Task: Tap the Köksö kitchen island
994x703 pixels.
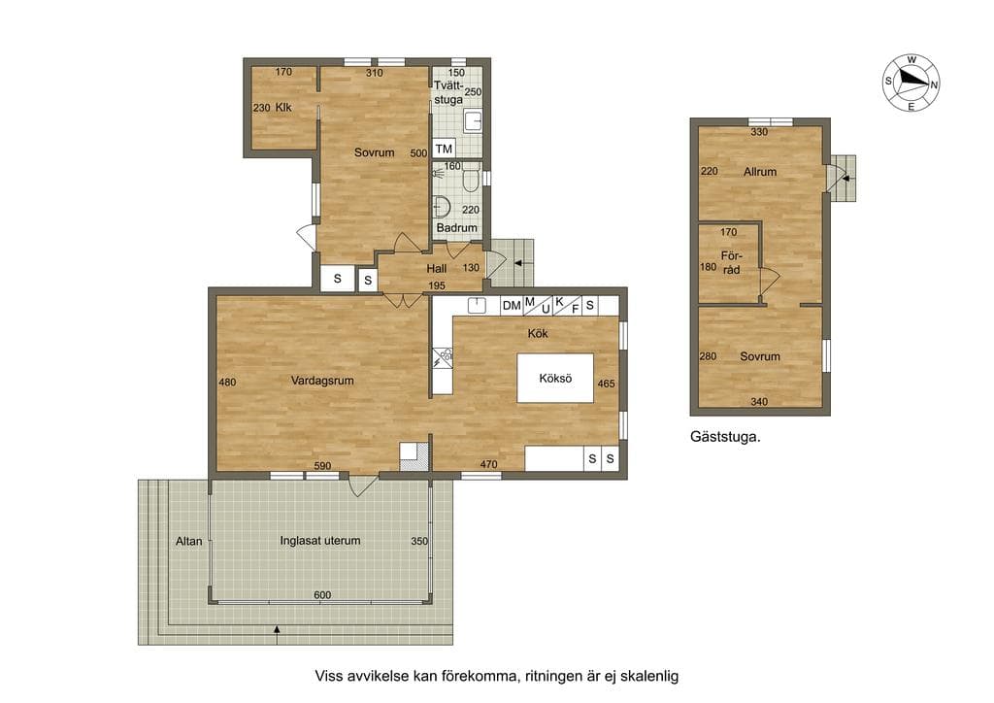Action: pos(555,379)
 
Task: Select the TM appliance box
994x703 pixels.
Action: pos(444,149)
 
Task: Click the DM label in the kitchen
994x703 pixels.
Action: pos(512,306)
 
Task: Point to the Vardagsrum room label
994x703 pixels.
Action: pos(322,381)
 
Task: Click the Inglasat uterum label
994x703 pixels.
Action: pos(320,541)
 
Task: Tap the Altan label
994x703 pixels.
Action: pos(189,542)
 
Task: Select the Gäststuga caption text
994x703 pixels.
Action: pos(725,437)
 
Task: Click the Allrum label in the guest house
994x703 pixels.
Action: pos(760,171)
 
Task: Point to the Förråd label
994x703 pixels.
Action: pos(732,262)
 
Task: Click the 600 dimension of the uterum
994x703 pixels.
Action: pos(322,595)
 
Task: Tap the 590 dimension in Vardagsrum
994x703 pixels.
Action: pos(322,466)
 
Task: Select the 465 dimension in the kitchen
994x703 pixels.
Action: pos(606,384)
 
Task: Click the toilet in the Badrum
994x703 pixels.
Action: pos(471,178)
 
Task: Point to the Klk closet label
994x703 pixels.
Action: pos(283,108)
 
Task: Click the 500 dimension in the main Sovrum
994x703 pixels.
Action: pos(418,153)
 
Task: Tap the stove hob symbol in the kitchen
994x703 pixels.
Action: pos(443,358)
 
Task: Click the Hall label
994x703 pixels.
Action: pos(436,269)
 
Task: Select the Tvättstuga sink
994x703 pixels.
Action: pos(473,120)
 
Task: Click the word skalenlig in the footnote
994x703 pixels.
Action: pos(649,676)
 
